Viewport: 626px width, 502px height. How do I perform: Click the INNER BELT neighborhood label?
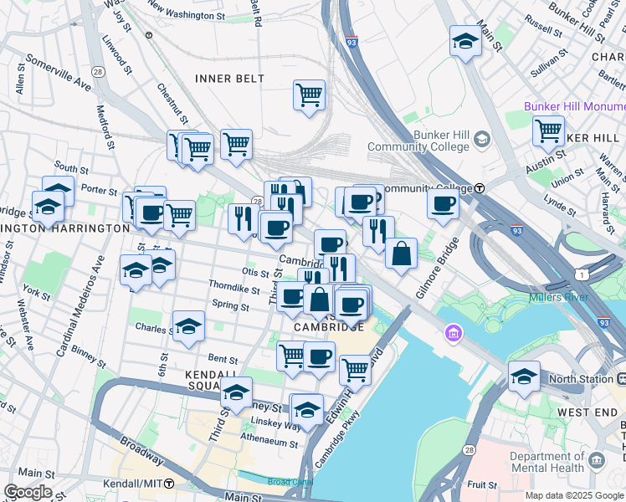click(x=229, y=79)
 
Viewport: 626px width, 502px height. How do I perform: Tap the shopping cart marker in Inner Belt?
click(x=309, y=95)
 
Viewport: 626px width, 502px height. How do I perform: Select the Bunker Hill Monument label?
click(x=574, y=107)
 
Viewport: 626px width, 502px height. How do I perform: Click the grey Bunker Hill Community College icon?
click(x=481, y=139)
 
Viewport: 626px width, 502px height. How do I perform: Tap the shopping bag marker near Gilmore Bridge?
click(x=402, y=254)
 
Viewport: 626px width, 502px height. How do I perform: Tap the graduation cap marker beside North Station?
click(x=524, y=376)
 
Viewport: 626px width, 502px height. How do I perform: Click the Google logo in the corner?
click(x=28, y=492)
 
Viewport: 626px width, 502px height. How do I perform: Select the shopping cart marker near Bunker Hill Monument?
click(x=548, y=131)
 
